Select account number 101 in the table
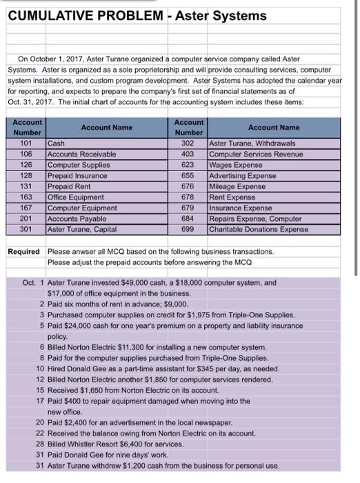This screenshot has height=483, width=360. (x=28, y=144)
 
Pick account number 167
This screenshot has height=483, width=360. (x=28, y=209)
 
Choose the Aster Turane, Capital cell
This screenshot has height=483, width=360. (x=80, y=230)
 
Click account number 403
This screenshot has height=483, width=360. (x=188, y=155)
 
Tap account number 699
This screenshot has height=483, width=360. (x=188, y=230)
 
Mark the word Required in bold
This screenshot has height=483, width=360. (x=23, y=251)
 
